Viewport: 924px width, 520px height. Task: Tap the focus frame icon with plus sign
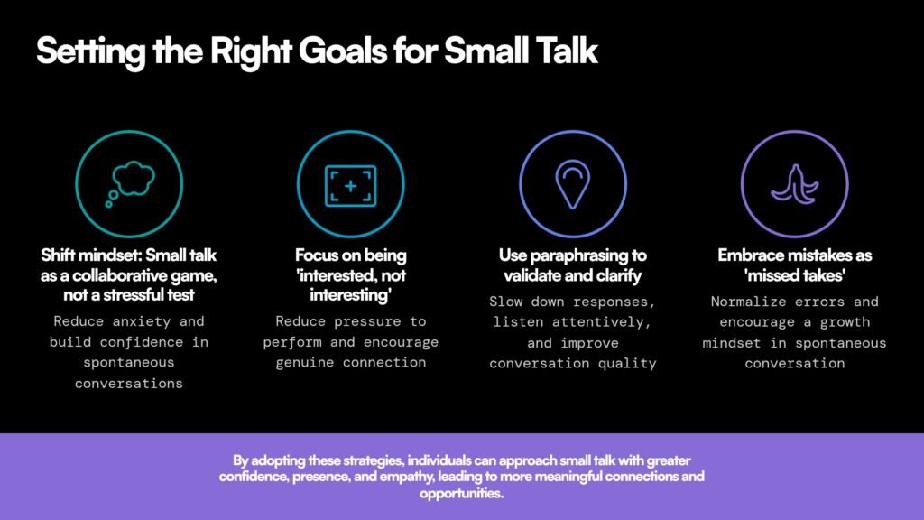[x=351, y=186]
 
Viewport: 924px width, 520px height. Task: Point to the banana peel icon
[x=794, y=184]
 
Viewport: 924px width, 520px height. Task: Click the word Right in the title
[x=251, y=51]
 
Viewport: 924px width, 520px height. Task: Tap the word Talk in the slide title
[x=567, y=51]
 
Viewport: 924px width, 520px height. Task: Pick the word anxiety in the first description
[x=142, y=322]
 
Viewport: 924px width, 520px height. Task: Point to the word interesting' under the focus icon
[x=351, y=295]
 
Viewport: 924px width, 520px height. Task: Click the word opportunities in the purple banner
[x=461, y=493]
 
